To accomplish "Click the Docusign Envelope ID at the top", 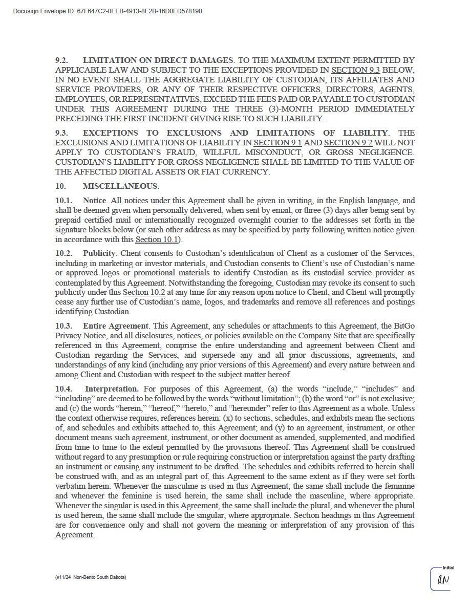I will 107,11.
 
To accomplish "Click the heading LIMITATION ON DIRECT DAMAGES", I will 158,60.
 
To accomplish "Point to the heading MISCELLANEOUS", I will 120,186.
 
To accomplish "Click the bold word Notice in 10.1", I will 94,201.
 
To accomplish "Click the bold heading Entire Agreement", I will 115,326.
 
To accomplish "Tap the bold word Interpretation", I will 112,389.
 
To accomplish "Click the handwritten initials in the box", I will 443,580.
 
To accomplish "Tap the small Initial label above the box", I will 448,568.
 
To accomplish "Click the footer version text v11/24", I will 63,577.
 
